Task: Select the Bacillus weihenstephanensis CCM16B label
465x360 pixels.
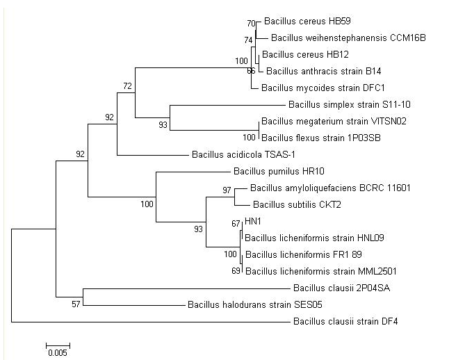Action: tap(338, 38)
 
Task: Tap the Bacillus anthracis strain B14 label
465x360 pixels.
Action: tap(324, 71)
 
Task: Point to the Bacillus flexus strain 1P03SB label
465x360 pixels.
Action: tap(313, 138)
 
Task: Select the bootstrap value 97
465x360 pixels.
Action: tap(227, 190)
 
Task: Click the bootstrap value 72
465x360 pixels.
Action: tap(127, 85)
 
